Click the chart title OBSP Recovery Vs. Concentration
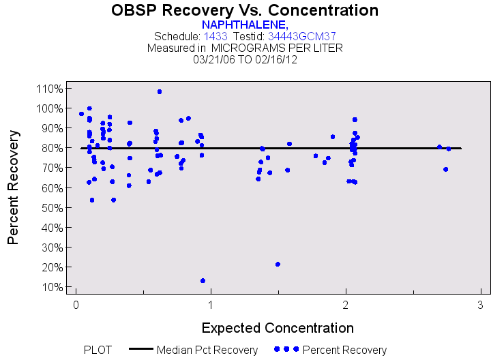click(245, 11)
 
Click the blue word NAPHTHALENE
click(245, 25)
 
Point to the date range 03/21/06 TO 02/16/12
click(245, 59)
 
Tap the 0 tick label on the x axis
click(76, 304)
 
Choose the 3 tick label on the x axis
click(481, 304)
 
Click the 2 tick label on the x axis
click(346, 304)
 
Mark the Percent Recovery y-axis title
click(14, 187)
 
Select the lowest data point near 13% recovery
click(203, 280)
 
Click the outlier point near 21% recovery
click(278, 264)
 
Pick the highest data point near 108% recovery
click(160, 91)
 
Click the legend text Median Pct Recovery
click(207, 350)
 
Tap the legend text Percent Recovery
click(344, 350)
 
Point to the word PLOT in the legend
click(98, 350)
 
